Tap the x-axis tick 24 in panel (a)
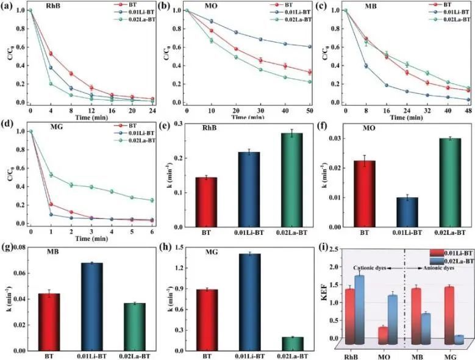pyautogui.click(x=150, y=112)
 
